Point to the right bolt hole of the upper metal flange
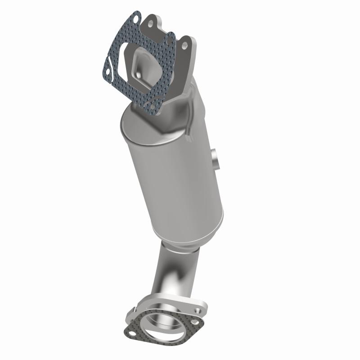(184, 45)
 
